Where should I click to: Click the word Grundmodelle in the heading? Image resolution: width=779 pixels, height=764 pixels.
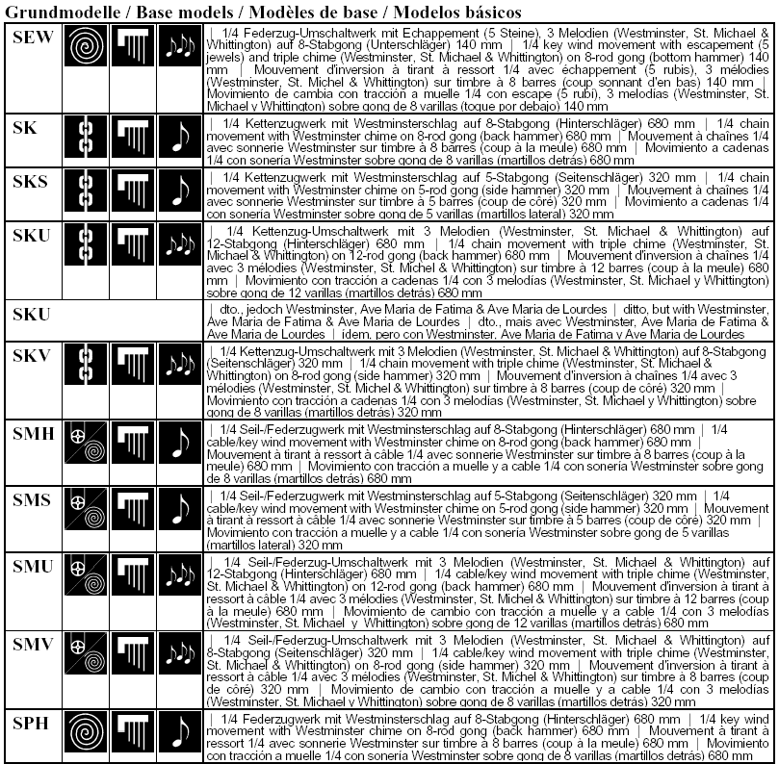60,13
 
